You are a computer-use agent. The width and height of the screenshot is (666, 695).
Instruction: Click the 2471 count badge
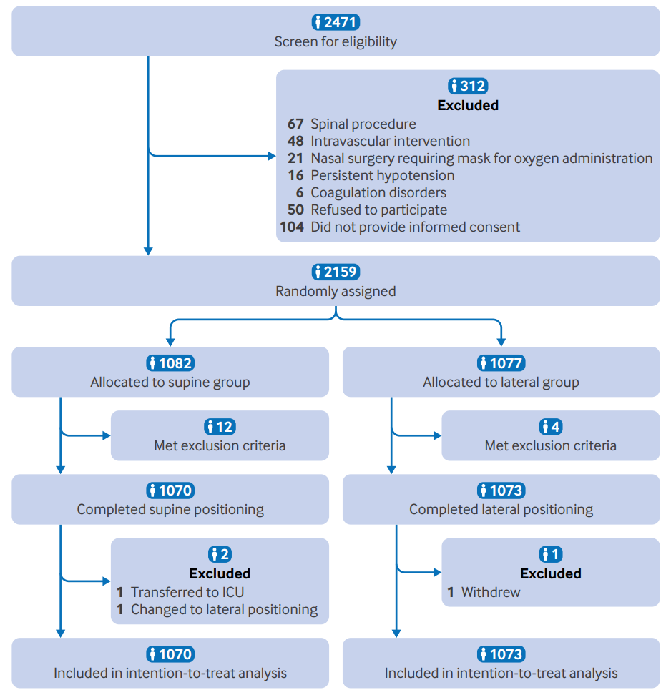point(336,22)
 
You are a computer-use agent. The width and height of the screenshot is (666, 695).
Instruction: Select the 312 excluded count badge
point(468,86)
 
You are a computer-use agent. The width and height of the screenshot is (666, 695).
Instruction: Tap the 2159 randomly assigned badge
point(336,272)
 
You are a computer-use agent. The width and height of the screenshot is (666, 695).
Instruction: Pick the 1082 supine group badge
point(170,363)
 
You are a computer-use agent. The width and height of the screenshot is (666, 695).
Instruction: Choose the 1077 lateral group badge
point(501,363)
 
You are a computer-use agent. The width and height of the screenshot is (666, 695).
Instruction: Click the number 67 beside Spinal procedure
point(295,124)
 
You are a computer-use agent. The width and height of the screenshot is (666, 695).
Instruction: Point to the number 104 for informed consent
point(292,227)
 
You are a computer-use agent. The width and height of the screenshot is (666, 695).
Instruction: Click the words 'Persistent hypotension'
point(383,175)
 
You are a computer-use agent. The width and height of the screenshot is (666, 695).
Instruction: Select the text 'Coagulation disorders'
point(378,193)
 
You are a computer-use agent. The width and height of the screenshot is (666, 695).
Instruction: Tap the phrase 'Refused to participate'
point(379,210)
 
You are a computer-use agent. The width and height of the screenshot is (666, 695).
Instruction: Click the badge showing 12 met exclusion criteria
point(220,427)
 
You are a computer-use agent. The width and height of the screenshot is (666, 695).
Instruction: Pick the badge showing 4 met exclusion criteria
point(551,427)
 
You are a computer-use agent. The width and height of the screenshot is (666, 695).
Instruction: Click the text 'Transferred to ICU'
point(187,592)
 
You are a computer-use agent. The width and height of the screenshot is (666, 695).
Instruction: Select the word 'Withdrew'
point(491,592)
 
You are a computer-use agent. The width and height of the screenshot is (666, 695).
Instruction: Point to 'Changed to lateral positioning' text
point(225,609)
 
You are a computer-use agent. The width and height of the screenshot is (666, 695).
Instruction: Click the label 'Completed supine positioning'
point(170,510)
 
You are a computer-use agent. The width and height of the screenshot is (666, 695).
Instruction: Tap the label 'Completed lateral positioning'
point(501,510)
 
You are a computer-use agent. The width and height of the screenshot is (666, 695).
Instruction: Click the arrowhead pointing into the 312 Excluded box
point(272,156)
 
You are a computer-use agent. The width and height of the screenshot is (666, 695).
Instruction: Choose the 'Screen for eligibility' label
point(336,41)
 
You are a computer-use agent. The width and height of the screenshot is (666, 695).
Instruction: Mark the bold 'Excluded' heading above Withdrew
point(551,573)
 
